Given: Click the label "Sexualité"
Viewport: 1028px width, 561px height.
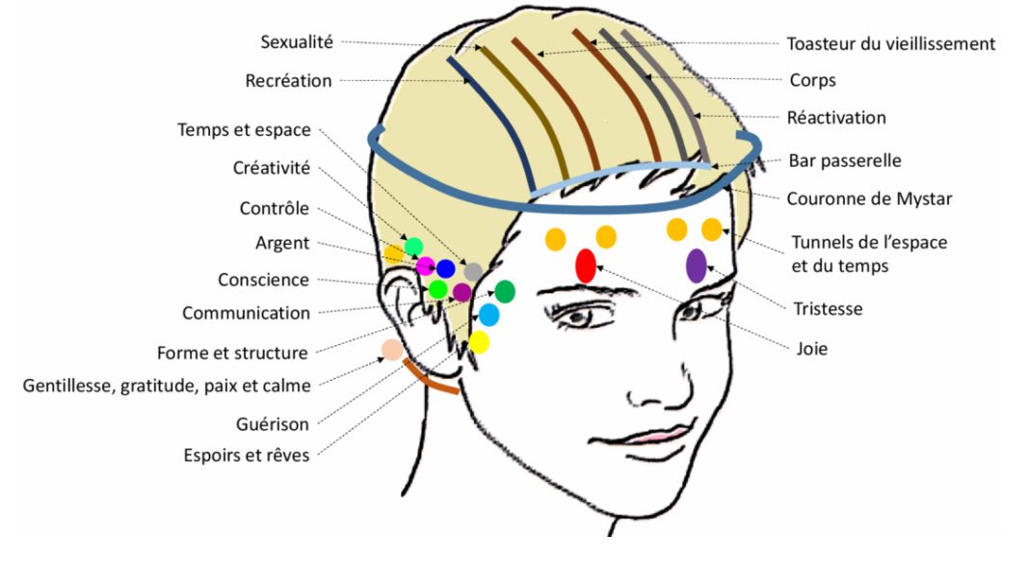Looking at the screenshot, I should coord(296,42).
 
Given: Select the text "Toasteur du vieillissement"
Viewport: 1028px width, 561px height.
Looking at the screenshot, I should coord(890,43).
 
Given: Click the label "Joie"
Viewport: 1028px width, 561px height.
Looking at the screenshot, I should coord(812,350).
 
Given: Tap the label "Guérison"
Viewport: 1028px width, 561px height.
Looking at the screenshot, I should coord(272,423).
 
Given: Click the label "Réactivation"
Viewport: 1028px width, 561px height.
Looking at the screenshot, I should coord(836,118).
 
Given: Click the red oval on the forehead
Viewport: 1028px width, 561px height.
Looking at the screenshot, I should coord(585,266).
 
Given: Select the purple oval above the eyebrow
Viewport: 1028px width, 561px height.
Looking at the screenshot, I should coord(697,265).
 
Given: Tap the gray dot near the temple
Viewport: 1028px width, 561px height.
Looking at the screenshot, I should coord(472,272).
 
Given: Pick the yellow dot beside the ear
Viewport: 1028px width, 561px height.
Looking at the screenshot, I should coord(479,341).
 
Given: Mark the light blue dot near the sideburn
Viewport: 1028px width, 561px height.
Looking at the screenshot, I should coord(488,314).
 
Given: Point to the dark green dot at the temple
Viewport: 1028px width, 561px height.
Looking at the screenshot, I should coord(504,290).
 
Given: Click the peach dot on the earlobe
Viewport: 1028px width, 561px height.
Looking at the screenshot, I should coord(392,350).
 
